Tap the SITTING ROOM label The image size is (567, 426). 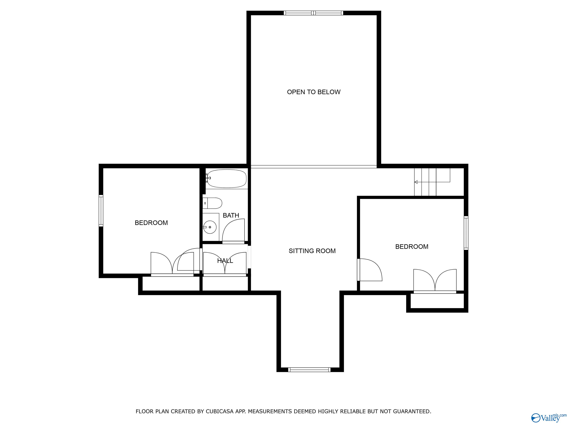tap(312, 251)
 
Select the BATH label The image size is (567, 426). tap(231, 215)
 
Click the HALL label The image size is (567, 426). tap(225, 261)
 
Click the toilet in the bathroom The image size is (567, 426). tap(213, 203)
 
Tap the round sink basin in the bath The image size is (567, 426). tap(210, 227)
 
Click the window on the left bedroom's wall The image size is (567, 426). tap(101, 211)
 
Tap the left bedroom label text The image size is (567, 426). tap(151, 223)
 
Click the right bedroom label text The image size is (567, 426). tap(412, 246)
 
